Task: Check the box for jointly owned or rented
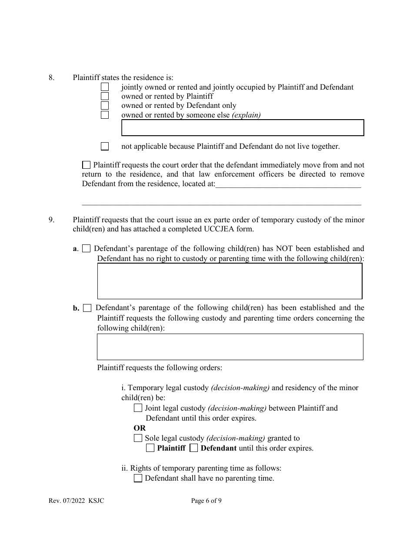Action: [x=105, y=87]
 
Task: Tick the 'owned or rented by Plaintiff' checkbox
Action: [x=105, y=96]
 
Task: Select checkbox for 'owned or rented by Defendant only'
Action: [x=105, y=106]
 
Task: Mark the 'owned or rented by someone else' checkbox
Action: [x=105, y=115]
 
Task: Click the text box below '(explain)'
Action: [x=242, y=128]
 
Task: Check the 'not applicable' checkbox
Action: [x=105, y=147]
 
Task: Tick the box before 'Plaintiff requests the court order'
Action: [x=87, y=165]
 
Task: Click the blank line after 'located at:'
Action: [x=288, y=184]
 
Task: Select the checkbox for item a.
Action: [x=87, y=249]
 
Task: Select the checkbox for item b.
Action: [x=87, y=308]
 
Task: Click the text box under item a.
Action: [x=230, y=281]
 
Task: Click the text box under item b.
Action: [x=230, y=347]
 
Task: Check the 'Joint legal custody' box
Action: [x=138, y=408]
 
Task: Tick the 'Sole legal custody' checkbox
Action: [x=138, y=438]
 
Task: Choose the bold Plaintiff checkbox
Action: [x=150, y=448]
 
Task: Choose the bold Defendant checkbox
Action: [x=194, y=448]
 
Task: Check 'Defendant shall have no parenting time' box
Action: [x=138, y=478]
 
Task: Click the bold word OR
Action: [x=140, y=428]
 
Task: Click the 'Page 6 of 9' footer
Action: [x=206, y=501]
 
